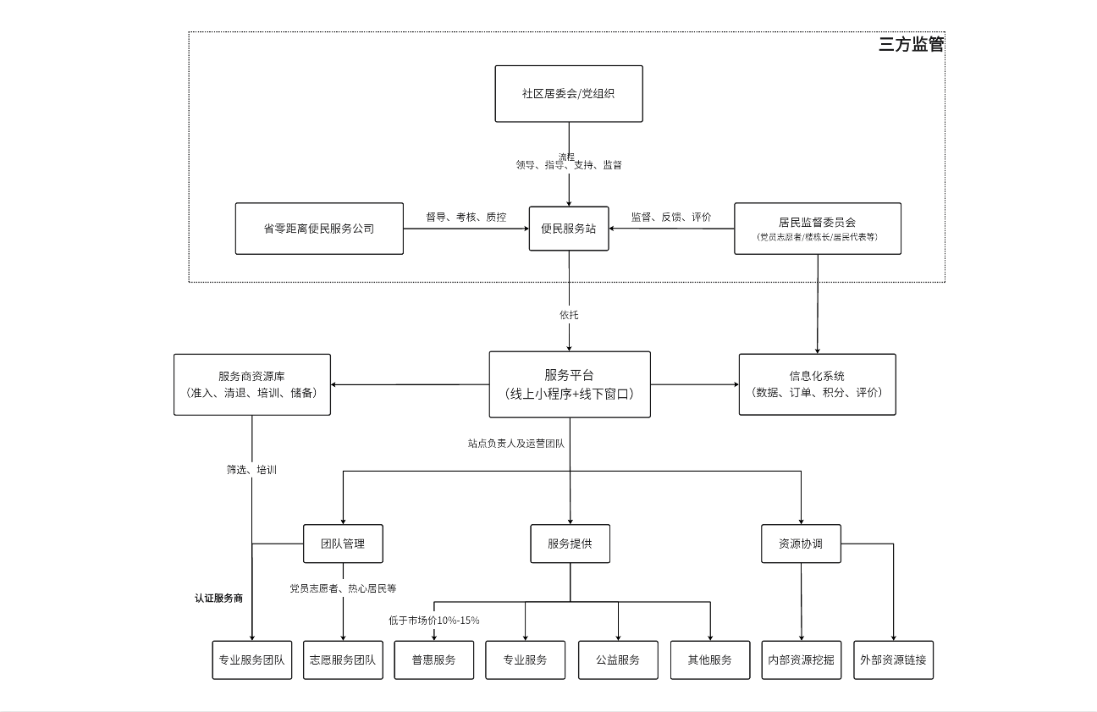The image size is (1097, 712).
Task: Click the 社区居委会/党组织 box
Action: point(569,93)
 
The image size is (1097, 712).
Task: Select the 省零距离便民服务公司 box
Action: point(319,229)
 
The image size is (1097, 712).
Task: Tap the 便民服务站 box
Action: point(569,229)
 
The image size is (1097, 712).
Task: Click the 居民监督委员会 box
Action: point(817,229)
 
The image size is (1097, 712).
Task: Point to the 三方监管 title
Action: point(911,45)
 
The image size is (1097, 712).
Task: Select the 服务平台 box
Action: point(570,384)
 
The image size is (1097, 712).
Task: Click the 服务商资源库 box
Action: point(252,384)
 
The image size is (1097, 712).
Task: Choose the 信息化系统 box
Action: point(817,384)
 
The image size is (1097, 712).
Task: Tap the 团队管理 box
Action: point(343,544)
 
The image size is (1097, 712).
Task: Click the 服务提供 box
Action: point(570,544)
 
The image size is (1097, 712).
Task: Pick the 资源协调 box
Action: point(801,544)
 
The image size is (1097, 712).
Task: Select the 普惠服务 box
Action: point(433,660)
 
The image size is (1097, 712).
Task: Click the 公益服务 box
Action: point(618,660)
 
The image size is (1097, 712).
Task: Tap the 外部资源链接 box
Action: point(894,660)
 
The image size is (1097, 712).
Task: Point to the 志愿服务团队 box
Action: point(343,660)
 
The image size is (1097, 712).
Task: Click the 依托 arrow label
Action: point(569,314)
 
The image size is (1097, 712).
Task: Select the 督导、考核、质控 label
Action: point(466,217)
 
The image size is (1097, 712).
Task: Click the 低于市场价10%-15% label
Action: point(434,620)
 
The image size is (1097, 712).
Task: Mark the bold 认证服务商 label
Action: point(218,598)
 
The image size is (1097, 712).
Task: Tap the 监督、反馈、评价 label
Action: point(671,217)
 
